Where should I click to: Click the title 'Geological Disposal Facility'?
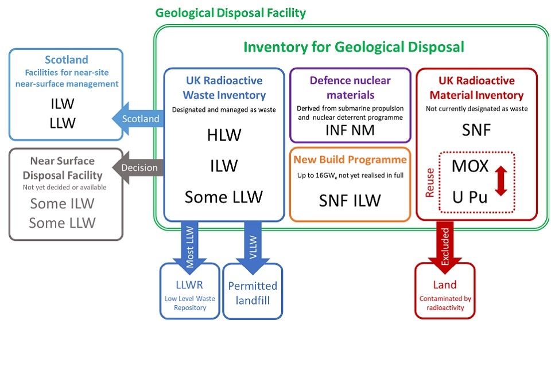pyautogui.click(x=231, y=13)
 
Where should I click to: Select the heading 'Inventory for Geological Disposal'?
pyautogui.click(x=354, y=47)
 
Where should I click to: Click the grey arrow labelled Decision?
pyautogui.click(x=138, y=168)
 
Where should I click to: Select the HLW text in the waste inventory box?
pyautogui.click(x=224, y=135)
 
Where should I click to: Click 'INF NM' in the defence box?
pyautogui.click(x=350, y=130)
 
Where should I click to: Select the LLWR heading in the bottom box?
pyautogui.click(x=190, y=285)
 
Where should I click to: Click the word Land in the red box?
pyautogui.click(x=445, y=284)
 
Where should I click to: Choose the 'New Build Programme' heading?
pyautogui.click(x=350, y=159)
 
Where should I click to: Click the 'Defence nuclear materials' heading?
pyautogui.click(x=350, y=87)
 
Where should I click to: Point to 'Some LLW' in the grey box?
pyautogui.click(x=63, y=222)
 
